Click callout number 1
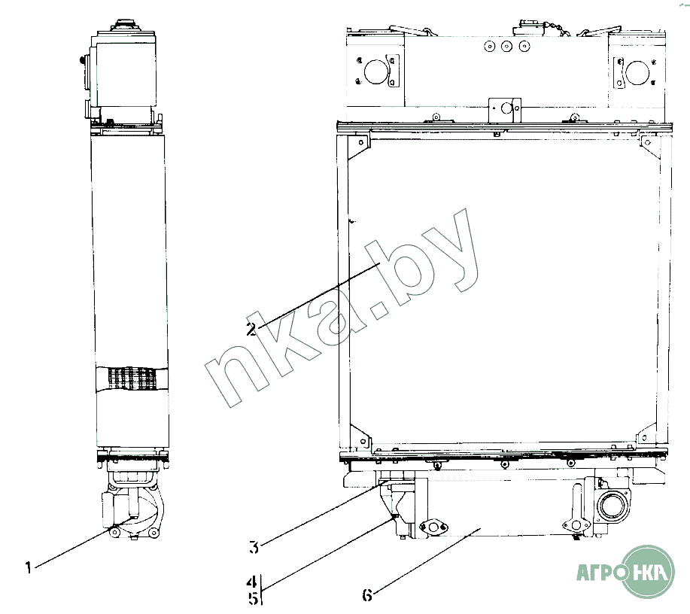[29, 568]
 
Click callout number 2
[252, 330]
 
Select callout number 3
[254, 548]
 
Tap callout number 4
[252, 582]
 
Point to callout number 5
[253, 599]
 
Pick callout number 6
[367, 595]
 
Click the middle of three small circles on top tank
[506, 46]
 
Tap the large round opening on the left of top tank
[375, 71]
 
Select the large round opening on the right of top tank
[637, 72]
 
